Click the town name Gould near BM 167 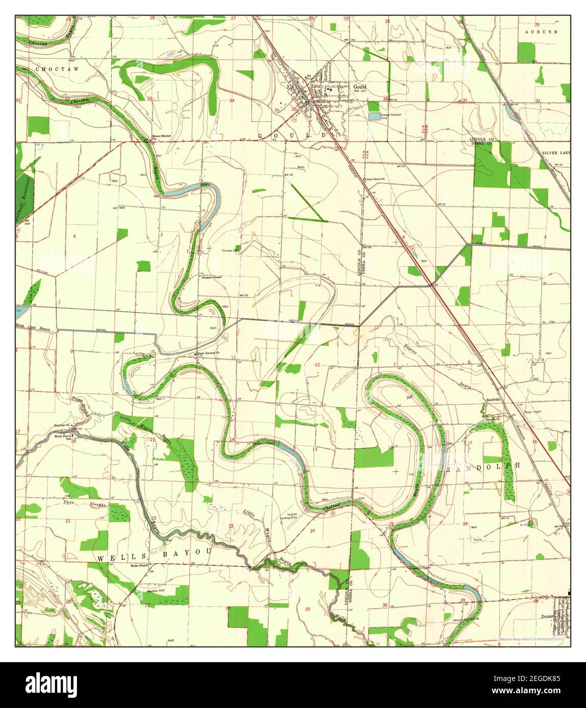click(359, 87)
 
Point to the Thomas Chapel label click(209, 277)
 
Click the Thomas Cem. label click(229, 251)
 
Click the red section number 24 click(312, 530)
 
